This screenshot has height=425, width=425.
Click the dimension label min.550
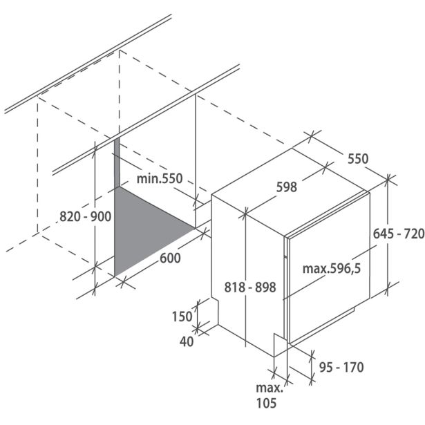coord(159,179)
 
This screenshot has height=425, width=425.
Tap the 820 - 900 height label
coord(86,216)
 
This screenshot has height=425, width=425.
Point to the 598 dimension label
coord(285,187)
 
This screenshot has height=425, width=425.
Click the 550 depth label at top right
coord(357,159)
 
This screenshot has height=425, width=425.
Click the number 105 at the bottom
coord(266,403)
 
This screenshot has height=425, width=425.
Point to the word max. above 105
coord(266,388)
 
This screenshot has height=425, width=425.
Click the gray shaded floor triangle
coord(142,232)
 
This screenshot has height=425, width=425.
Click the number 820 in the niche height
coord(69,216)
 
